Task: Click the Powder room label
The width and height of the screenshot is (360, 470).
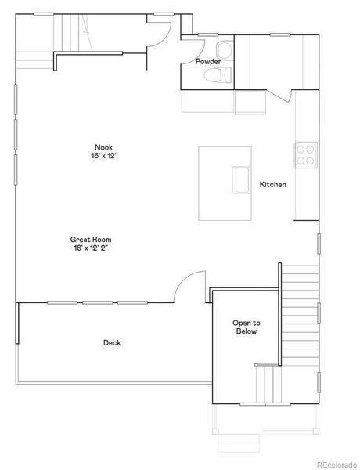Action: pos(208,61)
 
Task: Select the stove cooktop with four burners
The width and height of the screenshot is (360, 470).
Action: pos(304,154)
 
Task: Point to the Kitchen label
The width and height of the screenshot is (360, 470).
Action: pos(273,185)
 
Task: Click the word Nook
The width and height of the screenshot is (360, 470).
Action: pos(104,147)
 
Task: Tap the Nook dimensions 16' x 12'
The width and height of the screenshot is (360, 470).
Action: pos(104,156)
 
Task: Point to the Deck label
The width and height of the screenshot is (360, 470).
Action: pos(112,342)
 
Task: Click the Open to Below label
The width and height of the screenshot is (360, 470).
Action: pos(247,327)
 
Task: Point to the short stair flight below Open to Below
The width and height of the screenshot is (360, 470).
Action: pos(268,385)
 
